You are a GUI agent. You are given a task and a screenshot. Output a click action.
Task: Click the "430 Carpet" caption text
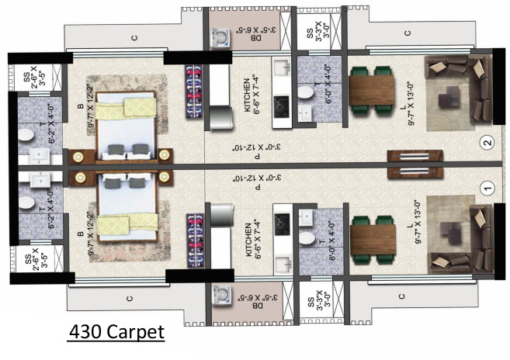[116, 331]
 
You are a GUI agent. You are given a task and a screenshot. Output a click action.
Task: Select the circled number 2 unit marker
[487, 143]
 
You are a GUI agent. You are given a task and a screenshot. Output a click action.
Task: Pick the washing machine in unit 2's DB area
[219, 36]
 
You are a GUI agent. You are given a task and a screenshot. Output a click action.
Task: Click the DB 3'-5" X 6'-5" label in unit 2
[251, 36]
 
